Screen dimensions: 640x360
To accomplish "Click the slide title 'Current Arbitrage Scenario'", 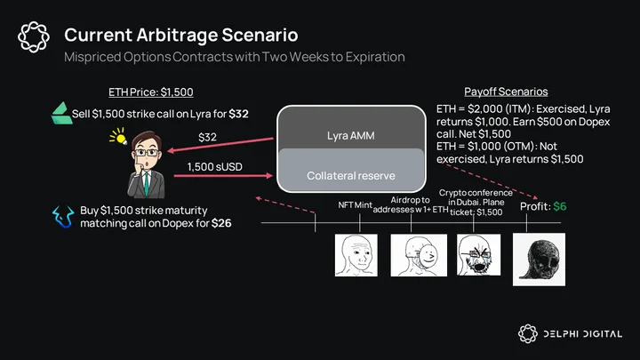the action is click(180, 35).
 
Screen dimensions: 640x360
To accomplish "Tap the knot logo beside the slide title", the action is click(34, 36).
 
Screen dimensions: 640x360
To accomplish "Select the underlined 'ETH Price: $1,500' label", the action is click(151, 92).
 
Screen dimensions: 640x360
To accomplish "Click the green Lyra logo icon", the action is click(61, 113).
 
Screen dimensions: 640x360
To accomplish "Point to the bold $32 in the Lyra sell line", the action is click(238, 114).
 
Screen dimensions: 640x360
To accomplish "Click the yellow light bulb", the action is click(119, 136).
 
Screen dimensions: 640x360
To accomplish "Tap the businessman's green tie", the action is click(146, 184).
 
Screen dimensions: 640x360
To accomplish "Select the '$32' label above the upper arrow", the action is click(207, 137).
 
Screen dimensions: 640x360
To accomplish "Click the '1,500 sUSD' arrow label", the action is click(215, 167).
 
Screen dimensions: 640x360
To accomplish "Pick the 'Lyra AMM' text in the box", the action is click(350, 135).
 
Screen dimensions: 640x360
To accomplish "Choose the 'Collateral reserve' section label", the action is click(351, 176).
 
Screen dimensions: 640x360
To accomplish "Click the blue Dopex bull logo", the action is click(63, 216).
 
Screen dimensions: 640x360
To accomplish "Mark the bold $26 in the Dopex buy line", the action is click(221, 223).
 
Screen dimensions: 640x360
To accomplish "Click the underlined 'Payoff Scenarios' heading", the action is click(506, 92).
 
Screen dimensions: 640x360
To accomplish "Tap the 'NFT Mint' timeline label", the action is click(355, 205).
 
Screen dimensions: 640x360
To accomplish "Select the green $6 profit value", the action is click(560, 206).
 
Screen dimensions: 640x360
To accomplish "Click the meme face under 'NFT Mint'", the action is click(356, 255).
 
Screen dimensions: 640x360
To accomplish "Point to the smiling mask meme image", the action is click(419, 255).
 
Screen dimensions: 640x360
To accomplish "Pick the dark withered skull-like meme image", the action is click(540, 260).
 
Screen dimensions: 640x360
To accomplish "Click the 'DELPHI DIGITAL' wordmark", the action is click(582, 334).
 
